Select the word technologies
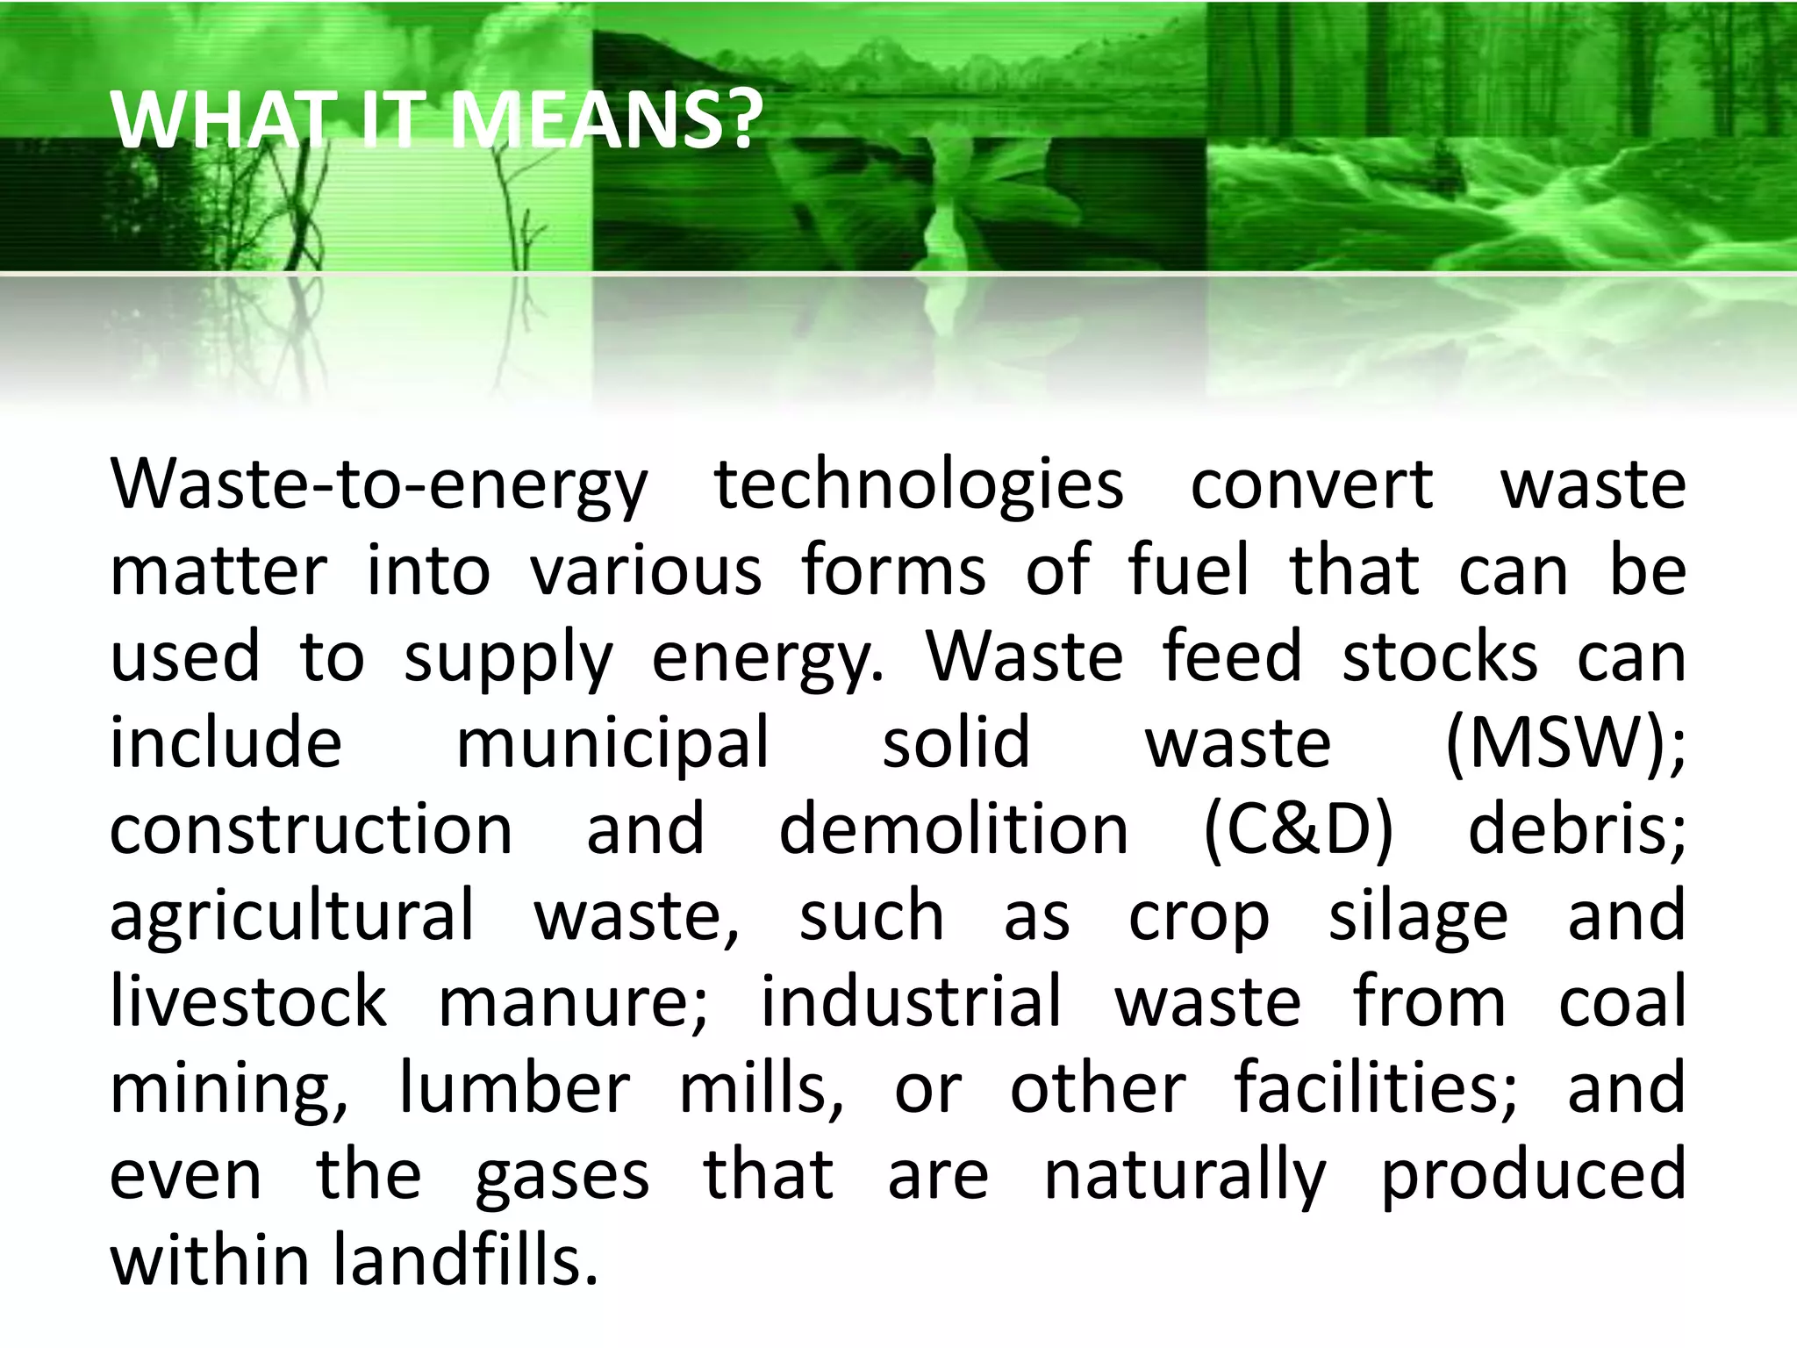pyautogui.click(x=918, y=485)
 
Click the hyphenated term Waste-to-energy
pyautogui.click(x=378, y=485)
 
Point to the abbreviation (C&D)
pyautogui.click(x=1298, y=830)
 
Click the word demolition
pyautogui.click(x=953, y=830)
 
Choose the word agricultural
pyautogui.click(x=291, y=916)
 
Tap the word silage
pyautogui.click(x=1418, y=916)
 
